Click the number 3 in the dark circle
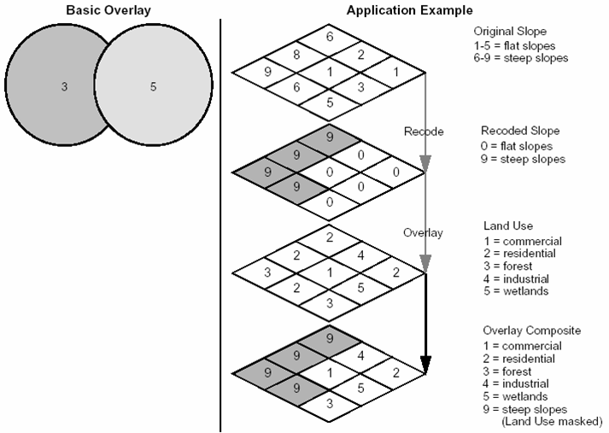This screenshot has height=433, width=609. pos(64,86)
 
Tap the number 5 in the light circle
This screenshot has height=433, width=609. pos(153,86)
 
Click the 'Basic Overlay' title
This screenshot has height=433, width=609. pos(108,10)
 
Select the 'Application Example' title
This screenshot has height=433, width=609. pos(410,10)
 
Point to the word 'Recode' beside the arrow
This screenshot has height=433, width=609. pos(424,132)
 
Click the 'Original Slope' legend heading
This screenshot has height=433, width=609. pos(510,31)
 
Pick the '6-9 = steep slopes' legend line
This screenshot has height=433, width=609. pos(521,58)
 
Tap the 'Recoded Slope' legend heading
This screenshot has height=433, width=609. pos(520,131)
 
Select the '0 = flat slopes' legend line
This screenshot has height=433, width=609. pos(517,146)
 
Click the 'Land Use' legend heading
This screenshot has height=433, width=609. pos(508,225)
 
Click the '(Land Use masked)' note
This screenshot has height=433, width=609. pos(552,421)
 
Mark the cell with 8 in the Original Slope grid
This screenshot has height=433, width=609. pos(296,55)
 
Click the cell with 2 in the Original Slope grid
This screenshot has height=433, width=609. pos(360,55)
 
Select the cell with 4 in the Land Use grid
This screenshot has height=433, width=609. pos(360,255)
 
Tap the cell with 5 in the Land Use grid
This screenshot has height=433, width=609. pos(360,287)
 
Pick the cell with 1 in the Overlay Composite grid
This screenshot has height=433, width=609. pos(330,373)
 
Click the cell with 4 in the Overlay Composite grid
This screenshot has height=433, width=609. pos(360,355)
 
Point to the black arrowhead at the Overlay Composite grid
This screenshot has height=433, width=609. pos(426,365)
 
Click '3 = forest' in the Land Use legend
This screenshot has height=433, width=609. pos(507,266)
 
